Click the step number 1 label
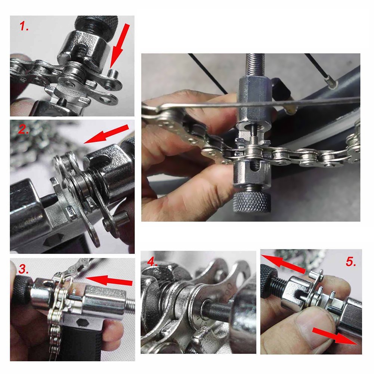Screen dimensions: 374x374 pos(24,26)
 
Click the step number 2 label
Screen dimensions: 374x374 pos(24,129)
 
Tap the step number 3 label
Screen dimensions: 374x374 pos(24,269)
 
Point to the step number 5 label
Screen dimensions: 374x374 pos(351,262)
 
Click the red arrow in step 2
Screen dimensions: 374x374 pos(106,134)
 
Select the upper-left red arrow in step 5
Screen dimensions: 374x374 pos(283,264)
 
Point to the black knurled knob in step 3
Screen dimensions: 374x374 pos(23,290)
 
